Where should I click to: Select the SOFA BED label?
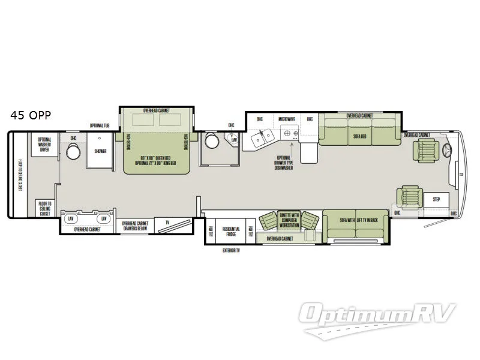(359, 136)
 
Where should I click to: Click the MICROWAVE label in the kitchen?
(287, 119)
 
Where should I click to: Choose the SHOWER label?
(100, 151)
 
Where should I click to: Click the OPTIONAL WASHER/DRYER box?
(45, 145)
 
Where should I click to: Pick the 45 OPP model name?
(30, 116)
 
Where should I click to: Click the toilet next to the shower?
(73, 152)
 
